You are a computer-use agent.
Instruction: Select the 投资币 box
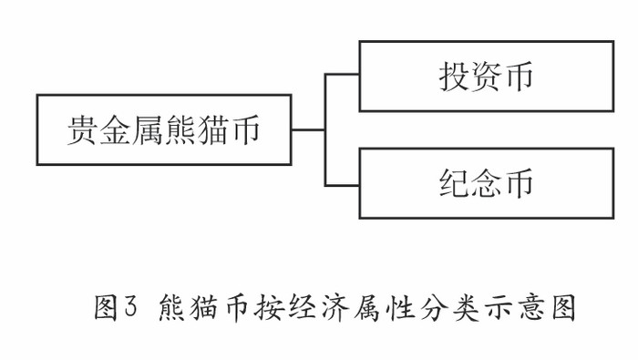485,77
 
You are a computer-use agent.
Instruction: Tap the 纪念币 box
485,183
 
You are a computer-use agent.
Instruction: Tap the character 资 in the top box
485,77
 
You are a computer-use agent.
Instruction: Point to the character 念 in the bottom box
485,183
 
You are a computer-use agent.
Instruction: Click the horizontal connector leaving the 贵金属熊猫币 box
308,129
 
